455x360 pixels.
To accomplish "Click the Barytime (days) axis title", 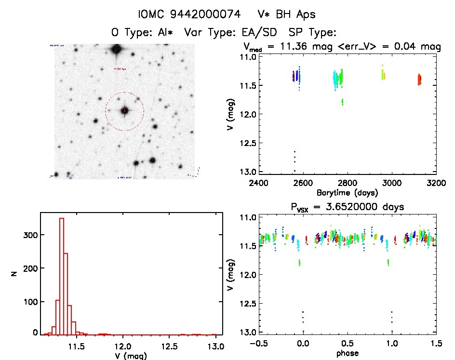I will (x=347, y=192).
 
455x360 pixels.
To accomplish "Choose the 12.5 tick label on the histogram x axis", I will (x=170, y=346).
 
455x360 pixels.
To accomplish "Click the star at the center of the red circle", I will (x=125, y=111).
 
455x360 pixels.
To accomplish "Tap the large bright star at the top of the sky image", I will (x=116, y=49).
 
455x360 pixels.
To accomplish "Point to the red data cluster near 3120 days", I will (x=419, y=80).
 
